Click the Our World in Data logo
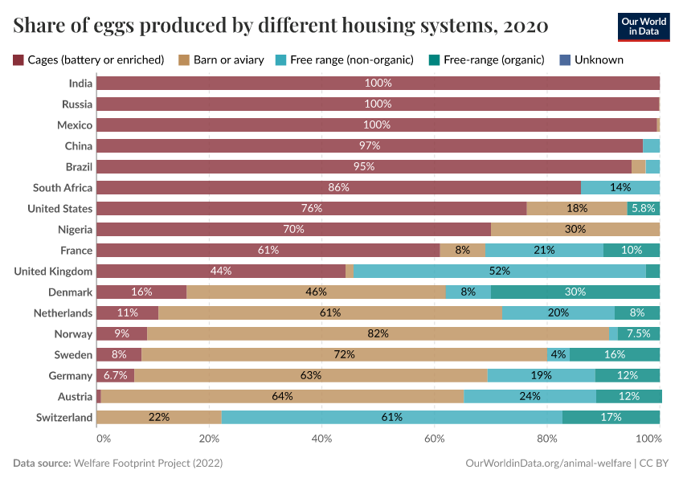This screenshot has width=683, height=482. pyautogui.click(x=643, y=27)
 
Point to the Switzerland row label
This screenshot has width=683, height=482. pyautogui.click(x=64, y=417)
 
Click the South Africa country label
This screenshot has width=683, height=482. pyautogui.click(x=63, y=187)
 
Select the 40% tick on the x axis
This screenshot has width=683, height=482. pyautogui.click(x=321, y=439)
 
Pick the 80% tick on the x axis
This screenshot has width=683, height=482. pyautogui.click(x=547, y=439)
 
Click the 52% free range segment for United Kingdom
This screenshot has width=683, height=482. pyautogui.click(x=499, y=271)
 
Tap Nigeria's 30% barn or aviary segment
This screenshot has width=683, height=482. pyautogui.click(x=575, y=229)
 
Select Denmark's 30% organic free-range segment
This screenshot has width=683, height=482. pyautogui.click(x=575, y=292)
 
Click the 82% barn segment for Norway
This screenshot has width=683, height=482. pyautogui.click(x=378, y=333)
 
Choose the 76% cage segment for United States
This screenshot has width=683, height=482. pyautogui.click(x=311, y=208)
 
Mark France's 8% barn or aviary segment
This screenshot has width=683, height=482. pyautogui.click(x=462, y=250)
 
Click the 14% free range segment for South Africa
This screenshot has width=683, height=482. pyautogui.click(x=620, y=187)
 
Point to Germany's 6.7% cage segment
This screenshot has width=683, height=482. pyautogui.click(x=115, y=375)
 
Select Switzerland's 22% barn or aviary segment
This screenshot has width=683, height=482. pyautogui.click(x=158, y=417)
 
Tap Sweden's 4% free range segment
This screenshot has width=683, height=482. pyautogui.click(x=558, y=354)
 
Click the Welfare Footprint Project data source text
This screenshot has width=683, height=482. pyautogui.click(x=148, y=464)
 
